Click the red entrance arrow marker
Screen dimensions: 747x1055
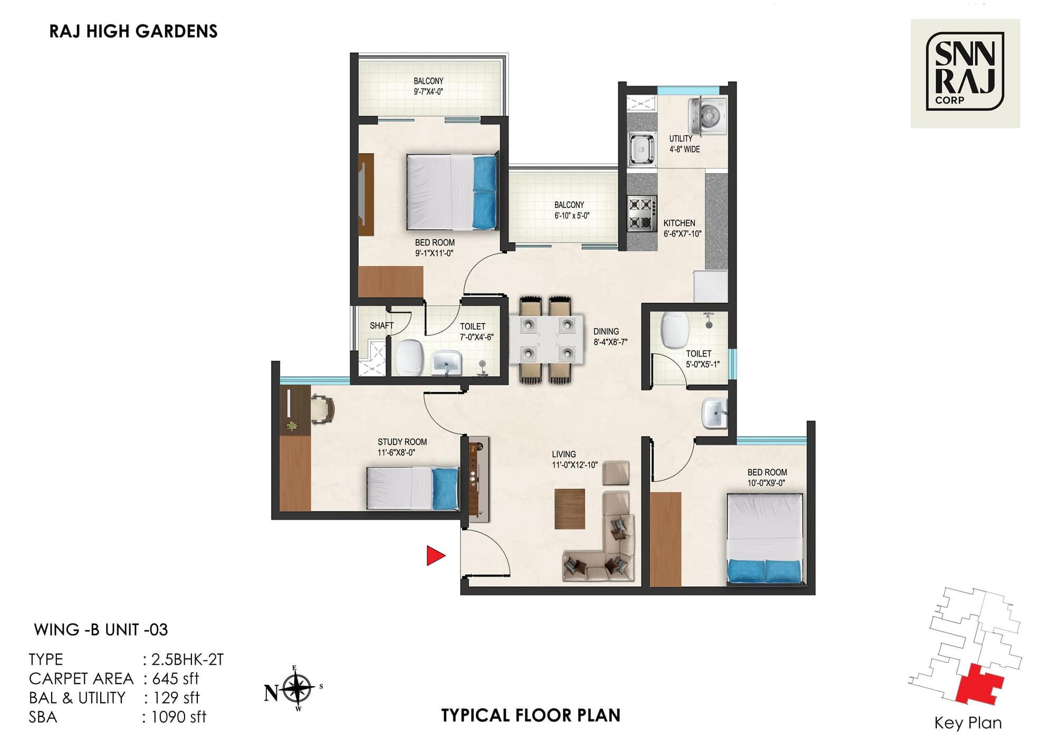pos(435,555)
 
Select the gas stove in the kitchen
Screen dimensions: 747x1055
pos(642,213)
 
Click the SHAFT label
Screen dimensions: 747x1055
pos(381,326)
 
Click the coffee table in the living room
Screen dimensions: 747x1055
pos(570,509)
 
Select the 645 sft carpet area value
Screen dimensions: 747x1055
pos(175,678)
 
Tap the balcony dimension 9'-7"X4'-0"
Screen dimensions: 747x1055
pos(428,92)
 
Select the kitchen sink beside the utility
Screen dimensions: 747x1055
pos(641,148)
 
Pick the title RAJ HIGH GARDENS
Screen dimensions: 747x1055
pos(133,32)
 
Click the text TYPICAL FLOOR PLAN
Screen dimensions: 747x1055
pos(531,715)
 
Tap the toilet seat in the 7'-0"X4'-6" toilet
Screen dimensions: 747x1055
pos(410,357)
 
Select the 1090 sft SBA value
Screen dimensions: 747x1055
pos(178,717)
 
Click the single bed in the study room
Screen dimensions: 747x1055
pos(413,488)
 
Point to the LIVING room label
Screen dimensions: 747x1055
pos(563,454)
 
